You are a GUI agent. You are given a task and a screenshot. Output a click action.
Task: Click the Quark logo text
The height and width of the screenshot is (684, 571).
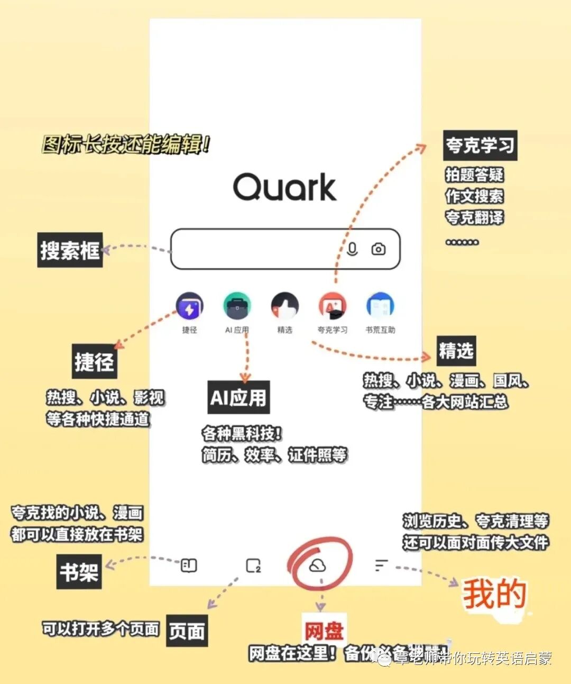[x=284, y=187]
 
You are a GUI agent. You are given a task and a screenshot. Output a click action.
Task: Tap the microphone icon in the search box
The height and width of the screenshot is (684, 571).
[x=352, y=249]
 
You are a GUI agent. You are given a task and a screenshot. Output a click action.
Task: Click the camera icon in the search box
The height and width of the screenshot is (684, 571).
[x=379, y=249]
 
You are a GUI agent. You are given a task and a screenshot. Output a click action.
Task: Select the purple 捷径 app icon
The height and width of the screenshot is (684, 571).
[x=189, y=306]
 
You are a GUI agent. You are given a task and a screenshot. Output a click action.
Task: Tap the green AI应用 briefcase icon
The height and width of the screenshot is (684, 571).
[x=237, y=306]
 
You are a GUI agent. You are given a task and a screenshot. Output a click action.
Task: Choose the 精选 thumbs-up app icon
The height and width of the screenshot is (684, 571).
[x=284, y=306]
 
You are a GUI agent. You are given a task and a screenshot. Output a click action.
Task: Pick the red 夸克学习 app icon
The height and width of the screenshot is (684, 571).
[x=332, y=306]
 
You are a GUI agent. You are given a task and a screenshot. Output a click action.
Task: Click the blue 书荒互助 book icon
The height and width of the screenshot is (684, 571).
[x=380, y=306]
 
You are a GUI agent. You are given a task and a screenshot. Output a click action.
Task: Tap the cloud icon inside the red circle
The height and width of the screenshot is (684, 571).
[x=317, y=566]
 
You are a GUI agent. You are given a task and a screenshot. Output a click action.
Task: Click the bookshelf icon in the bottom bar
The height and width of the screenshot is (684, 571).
[x=189, y=566]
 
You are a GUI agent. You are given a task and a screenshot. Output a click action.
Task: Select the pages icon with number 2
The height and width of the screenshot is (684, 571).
[x=254, y=566]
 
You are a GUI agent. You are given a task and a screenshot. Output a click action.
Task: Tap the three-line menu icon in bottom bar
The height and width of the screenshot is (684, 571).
[x=381, y=566]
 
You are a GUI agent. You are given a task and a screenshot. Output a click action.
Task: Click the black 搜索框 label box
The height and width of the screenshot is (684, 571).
[x=70, y=250]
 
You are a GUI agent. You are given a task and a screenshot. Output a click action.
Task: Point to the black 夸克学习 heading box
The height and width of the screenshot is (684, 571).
[x=480, y=145]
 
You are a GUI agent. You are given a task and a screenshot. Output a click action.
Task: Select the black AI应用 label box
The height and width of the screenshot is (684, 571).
[x=239, y=397]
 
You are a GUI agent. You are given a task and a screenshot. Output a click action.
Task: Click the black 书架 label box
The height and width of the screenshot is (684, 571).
[x=79, y=572]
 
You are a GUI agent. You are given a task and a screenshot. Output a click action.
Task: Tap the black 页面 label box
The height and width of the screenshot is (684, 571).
[x=187, y=631]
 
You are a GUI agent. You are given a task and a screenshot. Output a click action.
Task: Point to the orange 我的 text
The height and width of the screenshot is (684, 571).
[x=494, y=594]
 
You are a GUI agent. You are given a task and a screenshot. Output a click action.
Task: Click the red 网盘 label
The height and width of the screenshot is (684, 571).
[x=324, y=631]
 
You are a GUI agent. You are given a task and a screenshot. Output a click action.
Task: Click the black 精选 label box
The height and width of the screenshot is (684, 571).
[x=456, y=351]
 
